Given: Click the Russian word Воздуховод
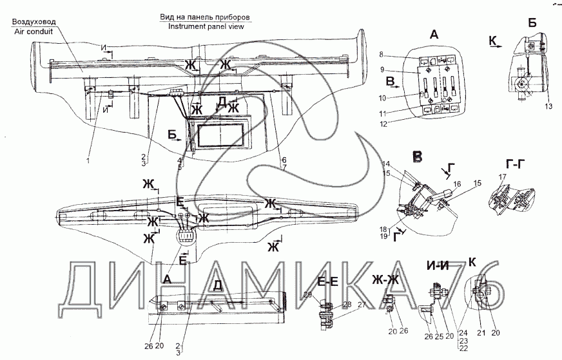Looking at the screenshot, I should coord(33,21).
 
